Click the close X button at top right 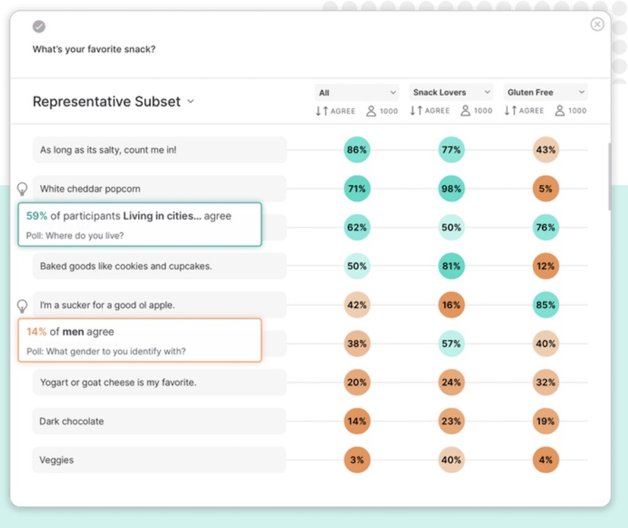click(x=597, y=25)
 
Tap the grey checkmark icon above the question click(x=39, y=26)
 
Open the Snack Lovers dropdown click(x=451, y=93)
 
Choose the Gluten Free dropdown click(x=545, y=93)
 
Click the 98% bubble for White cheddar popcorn click(x=451, y=189)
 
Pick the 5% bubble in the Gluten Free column click(x=545, y=189)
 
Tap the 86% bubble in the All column click(x=357, y=150)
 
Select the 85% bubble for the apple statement click(x=545, y=305)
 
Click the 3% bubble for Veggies click(x=357, y=460)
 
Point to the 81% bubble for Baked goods click(x=451, y=266)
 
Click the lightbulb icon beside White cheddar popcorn click(x=22, y=189)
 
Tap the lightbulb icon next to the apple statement click(x=22, y=306)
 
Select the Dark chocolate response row click(x=159, y=421)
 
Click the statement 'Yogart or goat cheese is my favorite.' click(x=118, y=383)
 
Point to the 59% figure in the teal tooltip click(x=37, y=216)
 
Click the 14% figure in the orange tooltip click(x=37, y=332)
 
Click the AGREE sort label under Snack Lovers click(x=437, y=111)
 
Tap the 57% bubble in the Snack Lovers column click(x=451, y=344)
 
